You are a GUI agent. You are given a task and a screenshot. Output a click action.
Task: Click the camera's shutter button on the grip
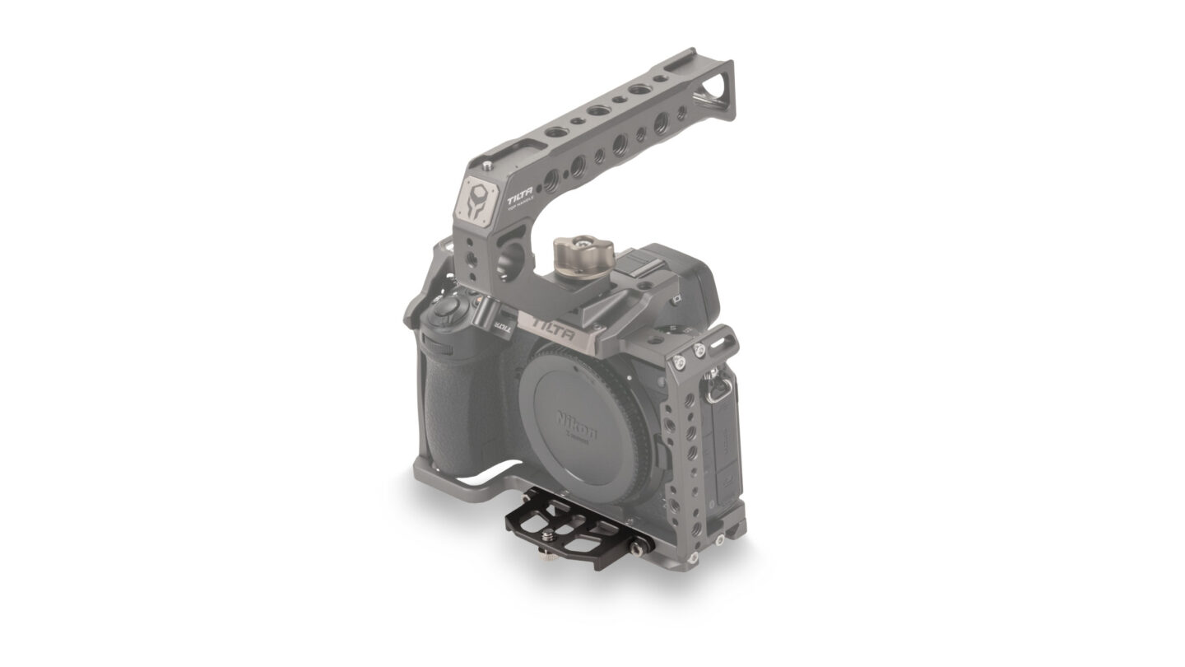point(448,310)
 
